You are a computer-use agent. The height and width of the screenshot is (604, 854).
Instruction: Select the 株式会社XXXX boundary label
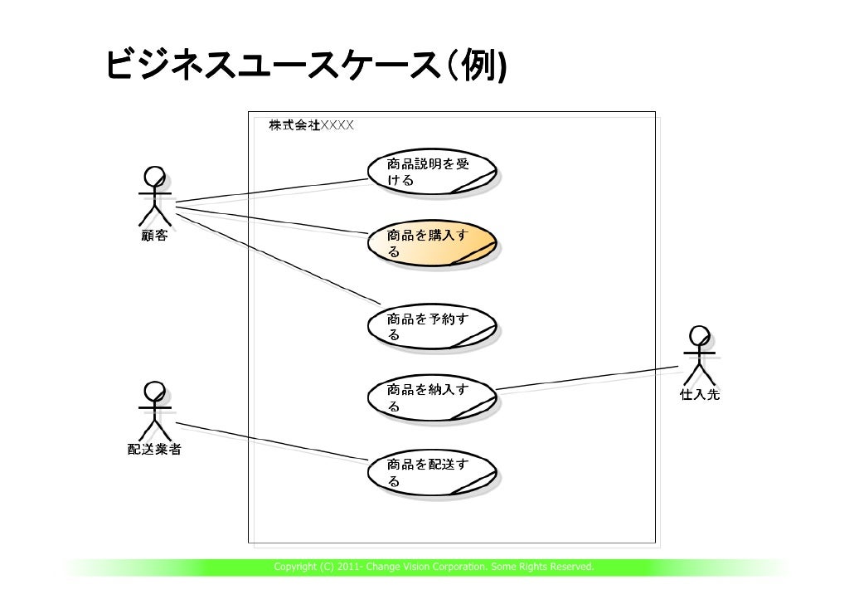(x=311, y=125)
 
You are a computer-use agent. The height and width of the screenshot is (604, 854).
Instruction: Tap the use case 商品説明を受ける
(x=433, y=172)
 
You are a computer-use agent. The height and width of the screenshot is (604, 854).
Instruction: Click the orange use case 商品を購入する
(x=433, y=244)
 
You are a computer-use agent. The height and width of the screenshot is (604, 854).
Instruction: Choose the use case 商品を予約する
(x=433, y=326)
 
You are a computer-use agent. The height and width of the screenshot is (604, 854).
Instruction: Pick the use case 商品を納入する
(x=433, y=398)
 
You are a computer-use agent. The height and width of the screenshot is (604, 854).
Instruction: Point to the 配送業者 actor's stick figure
(x=154, y=412)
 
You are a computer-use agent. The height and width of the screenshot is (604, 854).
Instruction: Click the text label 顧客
(x=153, y=236)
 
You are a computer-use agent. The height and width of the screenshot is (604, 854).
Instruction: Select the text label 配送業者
(x=154, y=451)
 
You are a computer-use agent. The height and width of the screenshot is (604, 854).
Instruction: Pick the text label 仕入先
(x=700, y=396)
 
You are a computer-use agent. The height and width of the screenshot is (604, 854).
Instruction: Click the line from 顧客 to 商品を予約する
(x=274, y=256)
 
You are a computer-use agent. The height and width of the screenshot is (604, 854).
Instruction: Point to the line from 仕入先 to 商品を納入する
(x=589, y=377)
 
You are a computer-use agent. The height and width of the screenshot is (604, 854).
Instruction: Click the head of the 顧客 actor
(x=154, y=177)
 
